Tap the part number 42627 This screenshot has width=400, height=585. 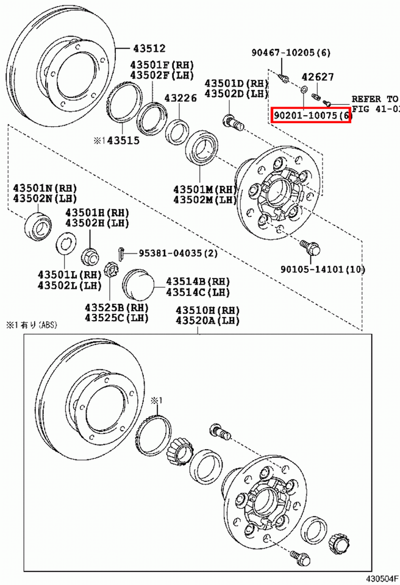[x=316, y=77]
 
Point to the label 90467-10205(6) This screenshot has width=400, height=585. [x=290, y=53]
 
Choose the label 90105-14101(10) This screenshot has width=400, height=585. [x=323, y=269]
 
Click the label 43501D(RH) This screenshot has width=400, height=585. [x=236, y=83]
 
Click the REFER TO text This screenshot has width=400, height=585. [x=374, y=99]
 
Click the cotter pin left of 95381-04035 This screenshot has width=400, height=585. [x=121, y=252]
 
